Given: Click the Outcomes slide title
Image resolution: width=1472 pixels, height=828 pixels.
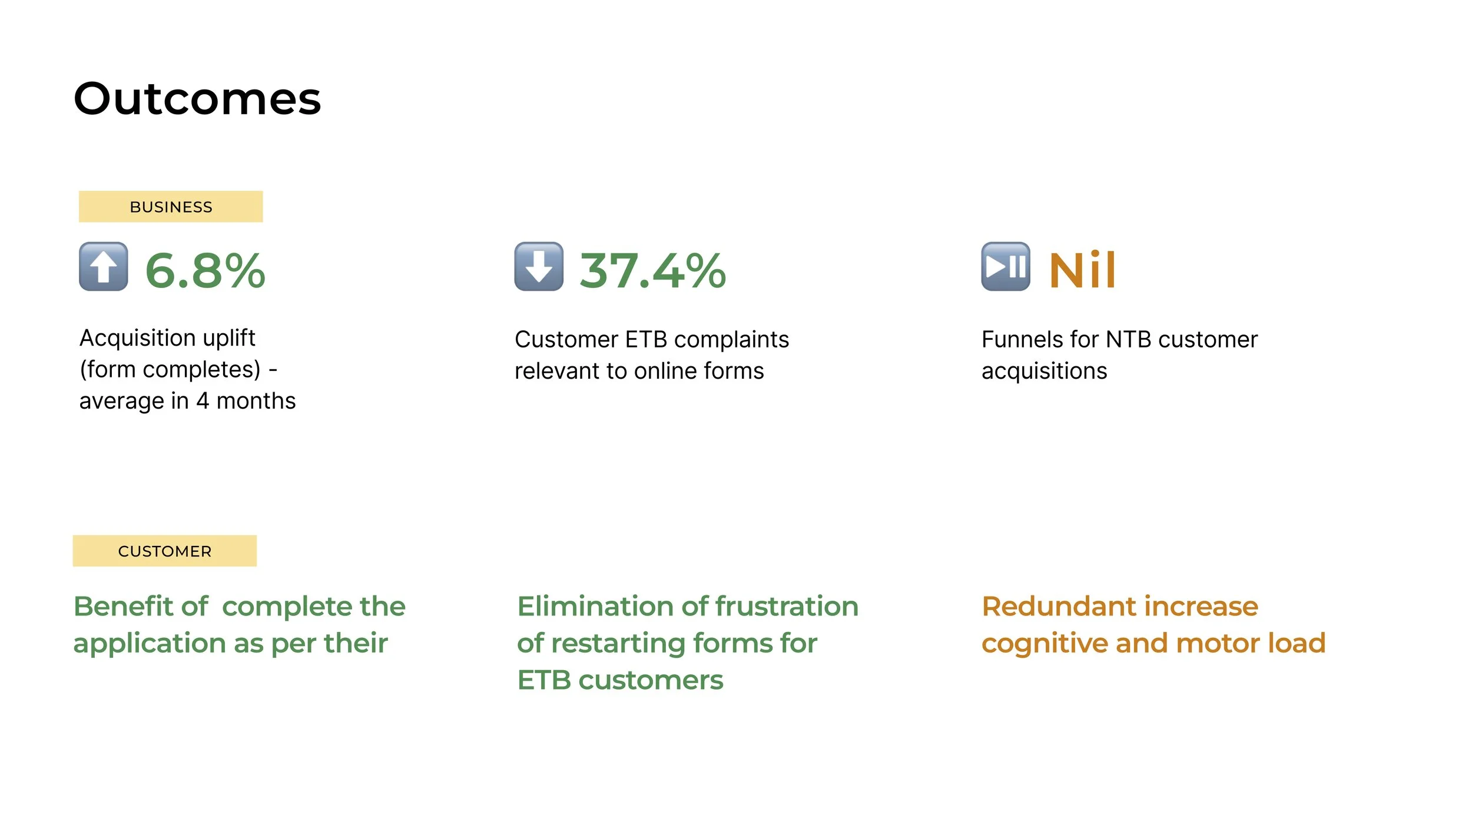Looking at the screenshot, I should click(x=197, y=98).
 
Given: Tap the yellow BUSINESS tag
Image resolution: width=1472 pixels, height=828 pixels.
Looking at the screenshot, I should click(x=171, y=207).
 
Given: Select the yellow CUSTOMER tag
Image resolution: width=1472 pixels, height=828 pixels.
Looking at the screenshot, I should click(x=164, y=551).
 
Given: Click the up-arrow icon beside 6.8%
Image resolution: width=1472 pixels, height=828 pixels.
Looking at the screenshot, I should click(x=104, y=267).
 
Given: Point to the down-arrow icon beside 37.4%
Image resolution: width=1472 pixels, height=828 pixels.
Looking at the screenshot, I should click(x=539, y=267).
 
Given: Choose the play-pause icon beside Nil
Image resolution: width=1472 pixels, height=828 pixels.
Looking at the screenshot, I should click(x=1006, y=267).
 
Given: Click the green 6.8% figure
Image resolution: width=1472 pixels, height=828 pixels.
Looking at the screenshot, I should click(x=205, y=271).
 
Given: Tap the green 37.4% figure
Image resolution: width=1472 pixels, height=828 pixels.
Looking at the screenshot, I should click(x=652, y=271).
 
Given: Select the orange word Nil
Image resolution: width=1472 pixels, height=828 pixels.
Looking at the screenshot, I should click(x=1082, y=271).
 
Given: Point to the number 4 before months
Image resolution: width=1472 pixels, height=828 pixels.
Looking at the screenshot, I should click(x=203, y=402).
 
